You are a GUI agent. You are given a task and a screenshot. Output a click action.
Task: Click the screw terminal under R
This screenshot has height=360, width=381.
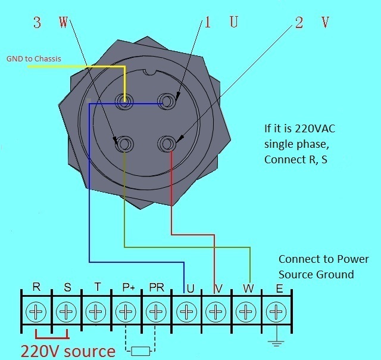[37, 311]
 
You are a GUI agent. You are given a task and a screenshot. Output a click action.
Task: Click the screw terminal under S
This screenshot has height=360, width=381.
[66, 311]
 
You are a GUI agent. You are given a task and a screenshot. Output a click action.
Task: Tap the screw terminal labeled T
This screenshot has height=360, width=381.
[96, 311]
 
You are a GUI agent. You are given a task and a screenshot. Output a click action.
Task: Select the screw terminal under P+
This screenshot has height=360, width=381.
[126, 311]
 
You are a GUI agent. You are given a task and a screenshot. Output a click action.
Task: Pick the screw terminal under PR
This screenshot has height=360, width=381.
[156, 311]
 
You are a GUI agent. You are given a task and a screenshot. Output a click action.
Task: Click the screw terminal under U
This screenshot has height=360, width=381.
[187, 311]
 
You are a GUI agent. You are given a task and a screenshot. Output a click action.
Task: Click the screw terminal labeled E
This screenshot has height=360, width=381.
[275, 311]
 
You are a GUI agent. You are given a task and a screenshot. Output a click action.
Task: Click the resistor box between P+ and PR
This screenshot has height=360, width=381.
[140, 350]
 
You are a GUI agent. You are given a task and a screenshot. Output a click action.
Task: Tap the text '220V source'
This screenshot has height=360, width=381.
[68, 350]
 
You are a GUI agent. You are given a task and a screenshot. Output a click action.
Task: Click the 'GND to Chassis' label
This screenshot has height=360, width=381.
[34, 59]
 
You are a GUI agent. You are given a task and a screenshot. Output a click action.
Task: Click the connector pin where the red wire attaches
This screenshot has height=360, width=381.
[167, 143]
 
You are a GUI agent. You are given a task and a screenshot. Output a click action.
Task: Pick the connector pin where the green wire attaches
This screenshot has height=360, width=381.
[124, 144]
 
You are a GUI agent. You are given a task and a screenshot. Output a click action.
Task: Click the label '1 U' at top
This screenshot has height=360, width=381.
[220, 23]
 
